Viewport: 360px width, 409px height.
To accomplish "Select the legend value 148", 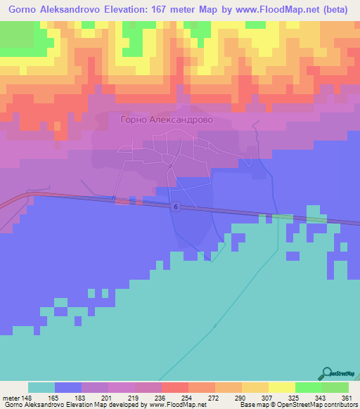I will [27, 396].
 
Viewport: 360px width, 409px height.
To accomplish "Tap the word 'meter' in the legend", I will [10, 396].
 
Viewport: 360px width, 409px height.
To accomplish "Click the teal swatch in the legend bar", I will [41, 387].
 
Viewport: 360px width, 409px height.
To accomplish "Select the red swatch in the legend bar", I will [174, 387].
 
